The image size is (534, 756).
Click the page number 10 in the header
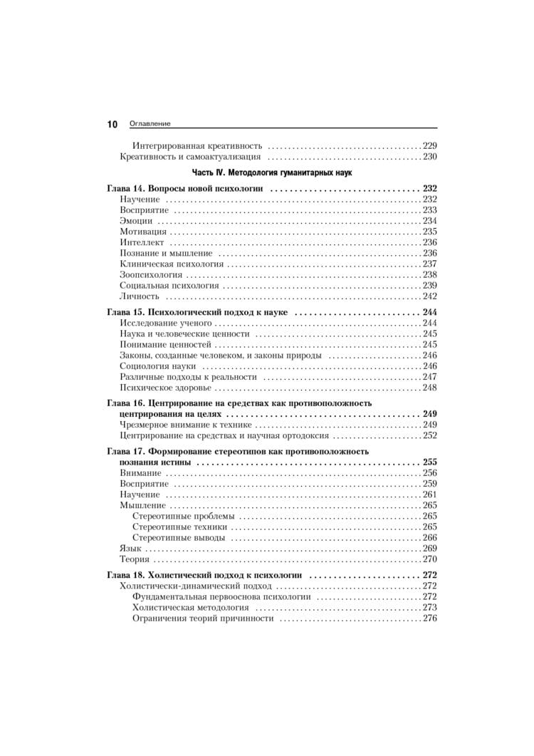click(x=112, y=124)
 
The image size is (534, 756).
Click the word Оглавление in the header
click(x=150, y=124)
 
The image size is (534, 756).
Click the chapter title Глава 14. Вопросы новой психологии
click(x=185, y=189)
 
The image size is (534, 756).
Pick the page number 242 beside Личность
click(x=430, y=296)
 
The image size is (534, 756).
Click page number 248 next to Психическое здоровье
click(x=430, y=388)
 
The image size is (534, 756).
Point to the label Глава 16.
click(x=125, y=403)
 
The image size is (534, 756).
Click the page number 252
click(x=430, y=435)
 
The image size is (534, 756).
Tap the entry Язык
click(x=132, y=548)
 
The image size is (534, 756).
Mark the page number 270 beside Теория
click(x=430, y=559)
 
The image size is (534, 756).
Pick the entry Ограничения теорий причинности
click(x=203, y=618)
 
